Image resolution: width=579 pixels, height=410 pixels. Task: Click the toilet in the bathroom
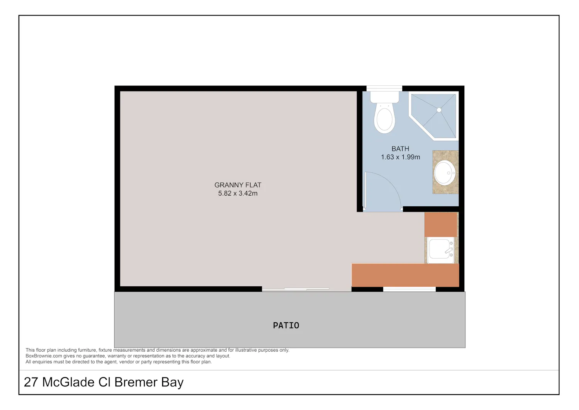(384, 112)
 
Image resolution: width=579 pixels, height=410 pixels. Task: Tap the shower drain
(439, 110)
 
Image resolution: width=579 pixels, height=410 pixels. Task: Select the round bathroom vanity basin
(445, 173)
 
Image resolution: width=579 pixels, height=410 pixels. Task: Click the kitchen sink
(440, 250)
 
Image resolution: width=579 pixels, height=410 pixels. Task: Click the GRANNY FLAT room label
(238, 185)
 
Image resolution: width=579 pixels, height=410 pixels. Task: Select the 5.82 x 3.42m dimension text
(238, 193)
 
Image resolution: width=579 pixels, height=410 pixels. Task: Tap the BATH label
(400, 149)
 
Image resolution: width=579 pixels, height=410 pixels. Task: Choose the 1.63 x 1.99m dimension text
(400, 157)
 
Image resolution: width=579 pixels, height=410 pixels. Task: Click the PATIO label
(286, 325)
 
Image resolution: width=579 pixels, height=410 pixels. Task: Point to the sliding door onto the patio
(295, 289)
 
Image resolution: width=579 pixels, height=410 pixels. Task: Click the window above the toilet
(384, 88)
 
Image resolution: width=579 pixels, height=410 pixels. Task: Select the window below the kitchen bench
(409, 289)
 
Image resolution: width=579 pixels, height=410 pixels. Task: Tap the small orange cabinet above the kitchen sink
(441, 225)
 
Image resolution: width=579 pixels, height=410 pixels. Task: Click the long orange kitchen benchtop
(405, 275)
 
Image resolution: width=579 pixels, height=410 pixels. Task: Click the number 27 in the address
(31, 382)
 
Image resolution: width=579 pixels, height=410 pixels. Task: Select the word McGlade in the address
(68, 382)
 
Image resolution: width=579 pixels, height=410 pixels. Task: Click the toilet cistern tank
(384, 97)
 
